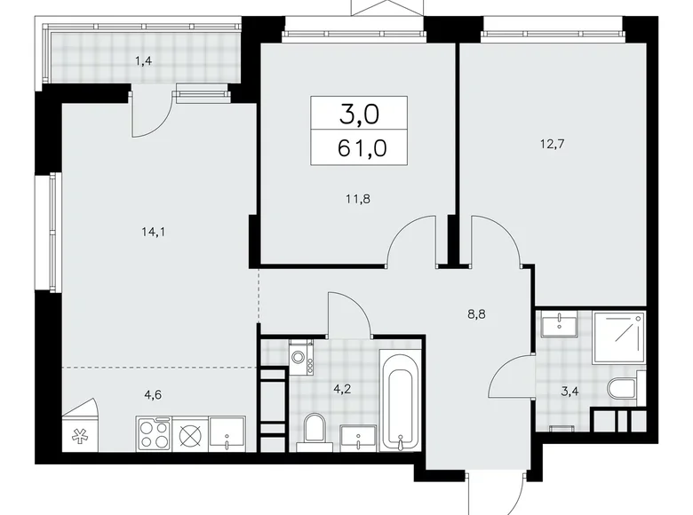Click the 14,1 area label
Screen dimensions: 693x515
pos(154,232)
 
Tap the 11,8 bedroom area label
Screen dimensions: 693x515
pos(357,199)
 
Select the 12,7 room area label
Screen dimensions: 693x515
pos(553,144)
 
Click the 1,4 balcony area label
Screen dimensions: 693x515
pos(144,61)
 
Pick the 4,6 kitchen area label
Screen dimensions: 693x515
pos(153,394)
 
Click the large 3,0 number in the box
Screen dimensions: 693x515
pos(359,114)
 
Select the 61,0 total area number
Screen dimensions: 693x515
pos(362,148)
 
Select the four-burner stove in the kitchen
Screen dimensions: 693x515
pos(154,433)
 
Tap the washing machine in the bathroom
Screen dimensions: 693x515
pos(301,358)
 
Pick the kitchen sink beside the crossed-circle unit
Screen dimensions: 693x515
pos(227,433)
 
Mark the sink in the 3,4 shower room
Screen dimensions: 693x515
pos(559,324)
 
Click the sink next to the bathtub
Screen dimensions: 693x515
pos(358,438)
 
